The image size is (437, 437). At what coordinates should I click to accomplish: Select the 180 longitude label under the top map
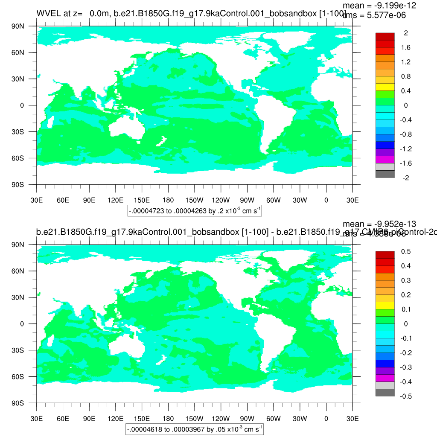[168, 200]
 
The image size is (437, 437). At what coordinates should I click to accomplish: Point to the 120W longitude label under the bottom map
[221, 419]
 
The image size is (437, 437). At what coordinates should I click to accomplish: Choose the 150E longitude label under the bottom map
[142, 419]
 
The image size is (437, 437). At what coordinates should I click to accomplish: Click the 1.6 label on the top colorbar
[405, 47]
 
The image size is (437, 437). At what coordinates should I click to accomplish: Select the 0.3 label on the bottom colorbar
[405, 280]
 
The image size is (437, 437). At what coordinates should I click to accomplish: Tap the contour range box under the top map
[194, 211]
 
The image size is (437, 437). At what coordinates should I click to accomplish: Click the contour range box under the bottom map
[194, 429]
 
